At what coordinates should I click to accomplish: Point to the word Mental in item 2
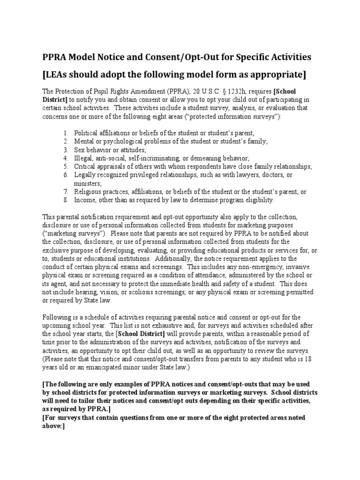coord(84,141)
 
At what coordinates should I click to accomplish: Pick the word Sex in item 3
coord(80,150)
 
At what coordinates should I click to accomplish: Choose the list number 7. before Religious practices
coord(66,192)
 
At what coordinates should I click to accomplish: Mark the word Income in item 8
coord(85,200)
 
